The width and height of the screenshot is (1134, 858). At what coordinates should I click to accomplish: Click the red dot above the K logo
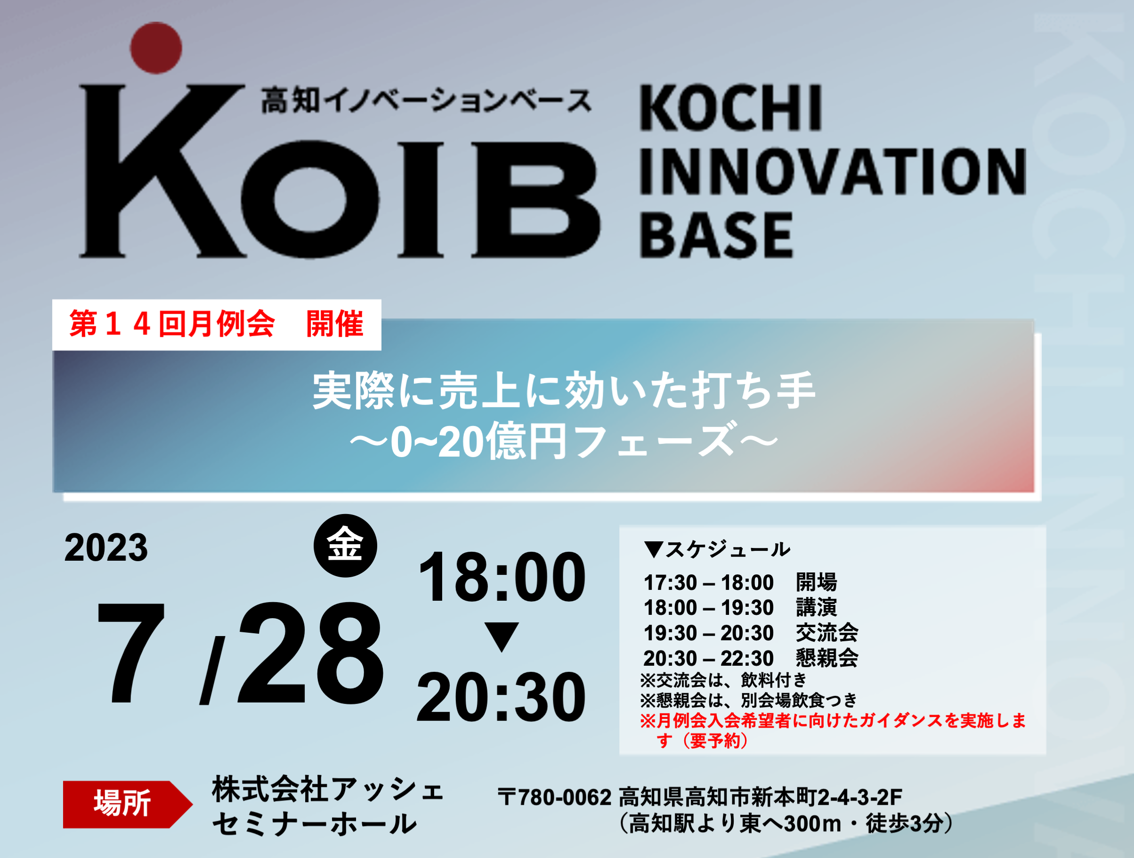[156, 48]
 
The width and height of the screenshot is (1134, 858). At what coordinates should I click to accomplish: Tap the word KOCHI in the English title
[731, 108]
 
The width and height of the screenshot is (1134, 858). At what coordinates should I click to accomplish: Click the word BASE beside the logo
[716, 235]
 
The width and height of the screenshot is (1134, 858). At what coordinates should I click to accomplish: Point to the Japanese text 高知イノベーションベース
[426, 100]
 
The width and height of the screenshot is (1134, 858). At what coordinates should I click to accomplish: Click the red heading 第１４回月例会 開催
[216, 324]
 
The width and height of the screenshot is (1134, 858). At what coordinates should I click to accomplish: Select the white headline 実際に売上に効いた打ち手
[564, 391]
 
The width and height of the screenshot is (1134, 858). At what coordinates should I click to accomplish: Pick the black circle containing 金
[346, 546]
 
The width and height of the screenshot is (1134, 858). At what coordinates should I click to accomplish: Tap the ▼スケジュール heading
[717, 549]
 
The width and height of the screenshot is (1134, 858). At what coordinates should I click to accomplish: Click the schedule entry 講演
[817, 608]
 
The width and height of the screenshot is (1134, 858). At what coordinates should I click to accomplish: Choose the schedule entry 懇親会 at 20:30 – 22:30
[827, 658]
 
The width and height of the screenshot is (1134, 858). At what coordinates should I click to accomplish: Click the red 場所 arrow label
[128, 804]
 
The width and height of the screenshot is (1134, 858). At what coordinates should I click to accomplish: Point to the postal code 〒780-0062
[555, 797]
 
